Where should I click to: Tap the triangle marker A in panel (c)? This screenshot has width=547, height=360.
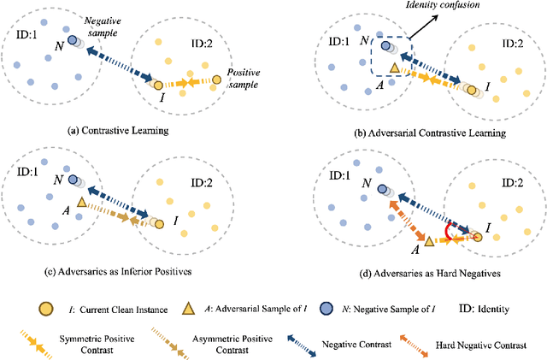point(82,202)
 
